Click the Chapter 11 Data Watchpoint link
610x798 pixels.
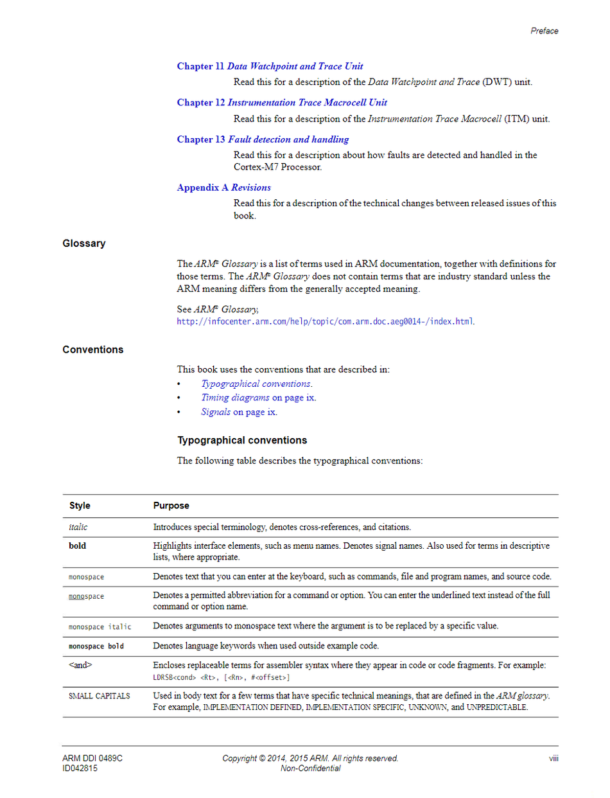[x=270, y=66]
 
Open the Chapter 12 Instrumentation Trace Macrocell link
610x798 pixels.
[x=282, y=103]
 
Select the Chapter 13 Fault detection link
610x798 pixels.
[x=263, y=139]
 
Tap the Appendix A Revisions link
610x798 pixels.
[x=223, y=188]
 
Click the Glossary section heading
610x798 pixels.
[x=84, y=244]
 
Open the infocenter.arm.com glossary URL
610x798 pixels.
[x=326, y=321]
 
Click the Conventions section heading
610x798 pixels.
[x=93, y=350]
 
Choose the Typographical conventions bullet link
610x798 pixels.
[x=256, y=384]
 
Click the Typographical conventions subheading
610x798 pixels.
[x=242, y=440]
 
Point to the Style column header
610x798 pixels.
[x=80, y=506]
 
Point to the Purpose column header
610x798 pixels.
[x=171, y=506]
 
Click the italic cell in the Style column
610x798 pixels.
[x=78, y=527]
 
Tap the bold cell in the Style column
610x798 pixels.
[x=78, y=546]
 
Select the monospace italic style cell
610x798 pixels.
[x=100, y=626]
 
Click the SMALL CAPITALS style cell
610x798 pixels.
[x=100, y=696]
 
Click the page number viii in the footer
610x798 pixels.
[x=553, y=758]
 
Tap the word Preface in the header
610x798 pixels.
[x=545, y=31]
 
